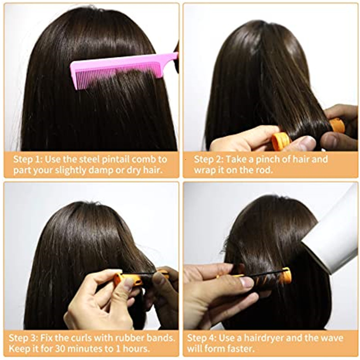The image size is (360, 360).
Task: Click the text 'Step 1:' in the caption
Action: coord(28,159)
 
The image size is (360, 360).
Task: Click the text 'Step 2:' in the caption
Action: coord(209,159)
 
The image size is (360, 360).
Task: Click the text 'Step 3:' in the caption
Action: coord(28,338)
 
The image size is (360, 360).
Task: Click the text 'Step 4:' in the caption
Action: coord(202,338)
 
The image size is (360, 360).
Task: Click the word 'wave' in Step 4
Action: coord(333,338)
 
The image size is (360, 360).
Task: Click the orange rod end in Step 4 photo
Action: coord(285,275)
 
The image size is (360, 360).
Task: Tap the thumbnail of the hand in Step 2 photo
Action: coord(308,143)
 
